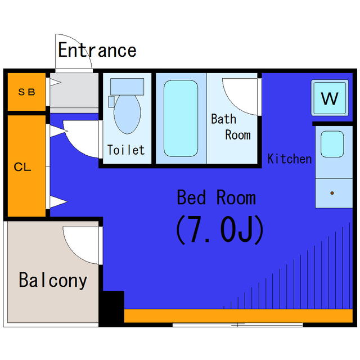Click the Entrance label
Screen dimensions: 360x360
pos(97,50)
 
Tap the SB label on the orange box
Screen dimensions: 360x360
pos(26,92)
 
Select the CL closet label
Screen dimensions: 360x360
pos(22,167)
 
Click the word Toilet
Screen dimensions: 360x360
pos(126,150)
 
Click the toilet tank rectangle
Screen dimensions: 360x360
pos(127,86)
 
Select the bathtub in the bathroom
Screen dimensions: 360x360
pos(181,118)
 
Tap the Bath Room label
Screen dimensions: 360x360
pos(231,127)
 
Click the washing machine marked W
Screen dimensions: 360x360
pos(329,98)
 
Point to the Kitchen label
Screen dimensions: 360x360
pos(289,159)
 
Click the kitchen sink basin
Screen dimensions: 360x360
pos(332,145)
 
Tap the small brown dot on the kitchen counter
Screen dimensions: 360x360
pos(332,193)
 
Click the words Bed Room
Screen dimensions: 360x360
pos(216,197)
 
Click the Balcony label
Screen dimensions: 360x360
pos(53,280)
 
